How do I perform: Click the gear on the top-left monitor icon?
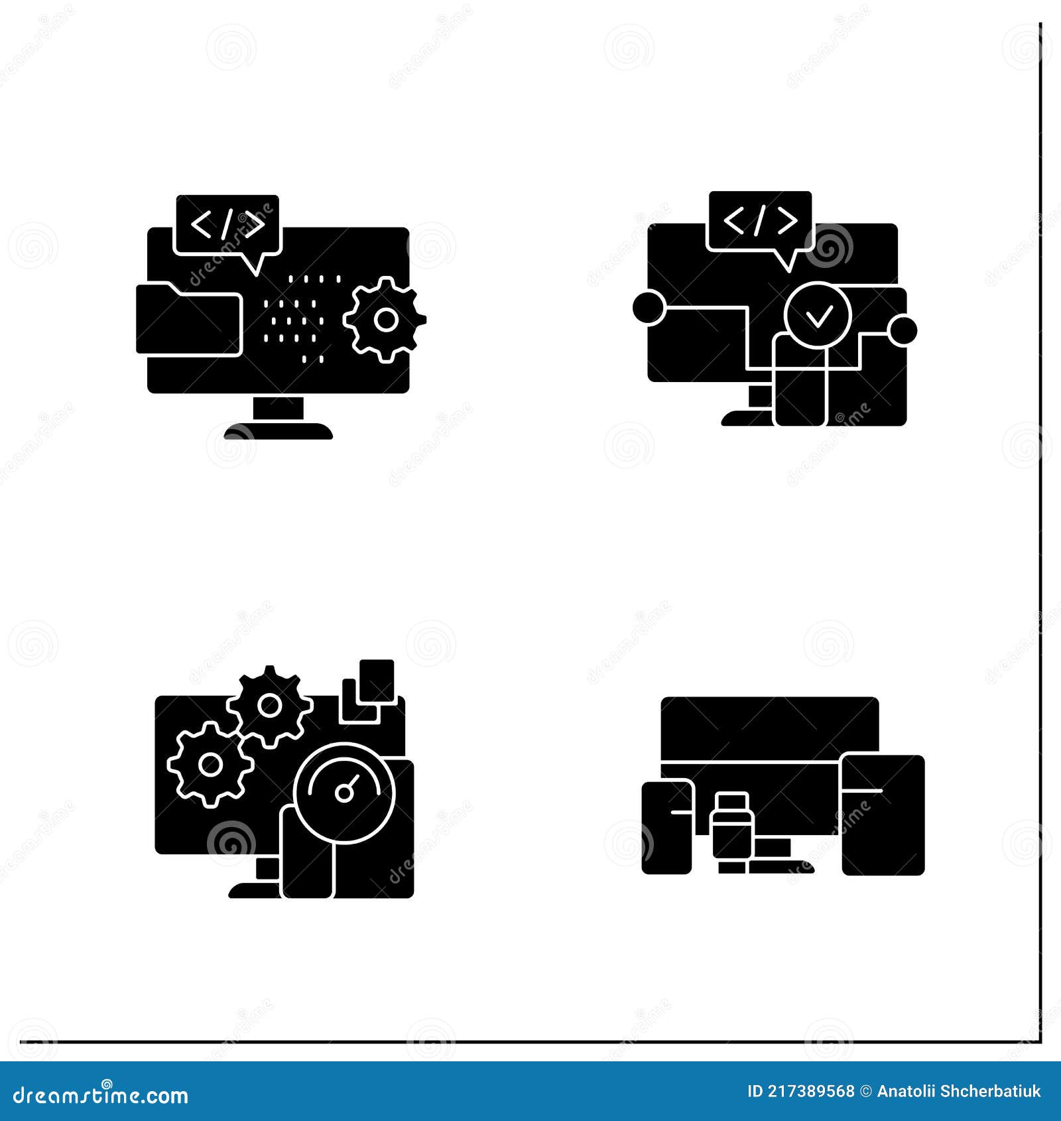[385, 320]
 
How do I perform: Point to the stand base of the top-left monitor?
[279, 432]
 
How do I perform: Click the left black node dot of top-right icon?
[648, 308]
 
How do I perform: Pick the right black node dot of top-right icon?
[903, 330]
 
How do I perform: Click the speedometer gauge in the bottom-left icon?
[345, 792]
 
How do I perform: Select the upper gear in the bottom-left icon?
[270, 706]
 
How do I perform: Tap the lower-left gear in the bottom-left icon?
[210, 765]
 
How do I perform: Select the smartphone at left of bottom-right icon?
[666, 827]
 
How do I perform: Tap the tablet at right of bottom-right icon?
[883, 815]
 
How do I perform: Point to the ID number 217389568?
[800, 1091]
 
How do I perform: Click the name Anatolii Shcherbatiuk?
[959, 1091]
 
